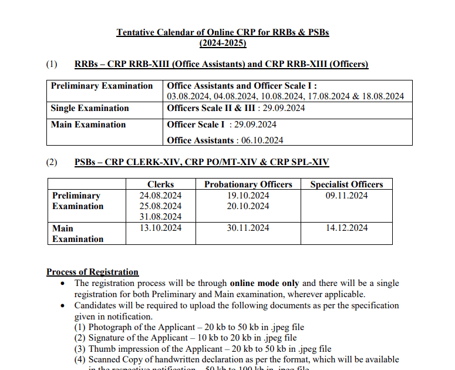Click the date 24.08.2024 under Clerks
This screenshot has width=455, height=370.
point(160,196)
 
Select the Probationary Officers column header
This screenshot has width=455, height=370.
point(248,184)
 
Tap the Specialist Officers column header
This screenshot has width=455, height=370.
point(346,184)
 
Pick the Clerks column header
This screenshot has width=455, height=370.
point(160,184)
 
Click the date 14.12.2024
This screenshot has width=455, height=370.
point(346,228)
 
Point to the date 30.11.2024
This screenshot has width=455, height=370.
point(248,228)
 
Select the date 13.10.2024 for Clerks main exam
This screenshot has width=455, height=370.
point(160,228)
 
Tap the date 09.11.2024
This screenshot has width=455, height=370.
point(346,196)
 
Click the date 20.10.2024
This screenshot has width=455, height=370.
point(248,206)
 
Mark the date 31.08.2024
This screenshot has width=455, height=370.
point(160,217)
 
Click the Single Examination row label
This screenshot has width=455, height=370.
point(90,108)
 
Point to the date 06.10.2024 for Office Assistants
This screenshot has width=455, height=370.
point(259,140)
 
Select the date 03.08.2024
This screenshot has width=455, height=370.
point(188,96)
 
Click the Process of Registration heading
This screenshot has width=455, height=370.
point(92,272)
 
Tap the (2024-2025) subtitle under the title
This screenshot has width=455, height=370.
point(223,43)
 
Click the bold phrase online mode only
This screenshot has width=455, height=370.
point(264,283)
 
